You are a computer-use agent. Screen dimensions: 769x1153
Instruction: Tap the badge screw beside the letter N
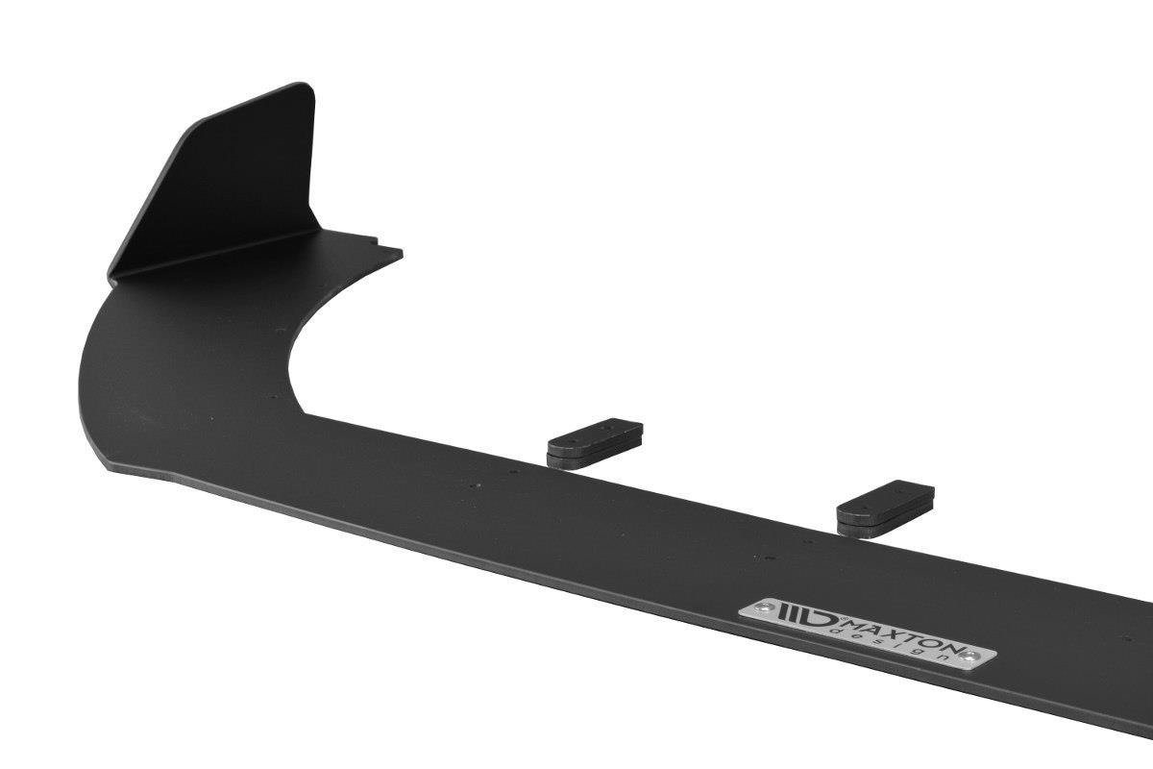point(972,657)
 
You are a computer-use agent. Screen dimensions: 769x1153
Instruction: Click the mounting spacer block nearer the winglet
point(595,441)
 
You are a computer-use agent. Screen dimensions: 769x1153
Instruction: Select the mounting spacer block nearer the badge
point(885,506)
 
